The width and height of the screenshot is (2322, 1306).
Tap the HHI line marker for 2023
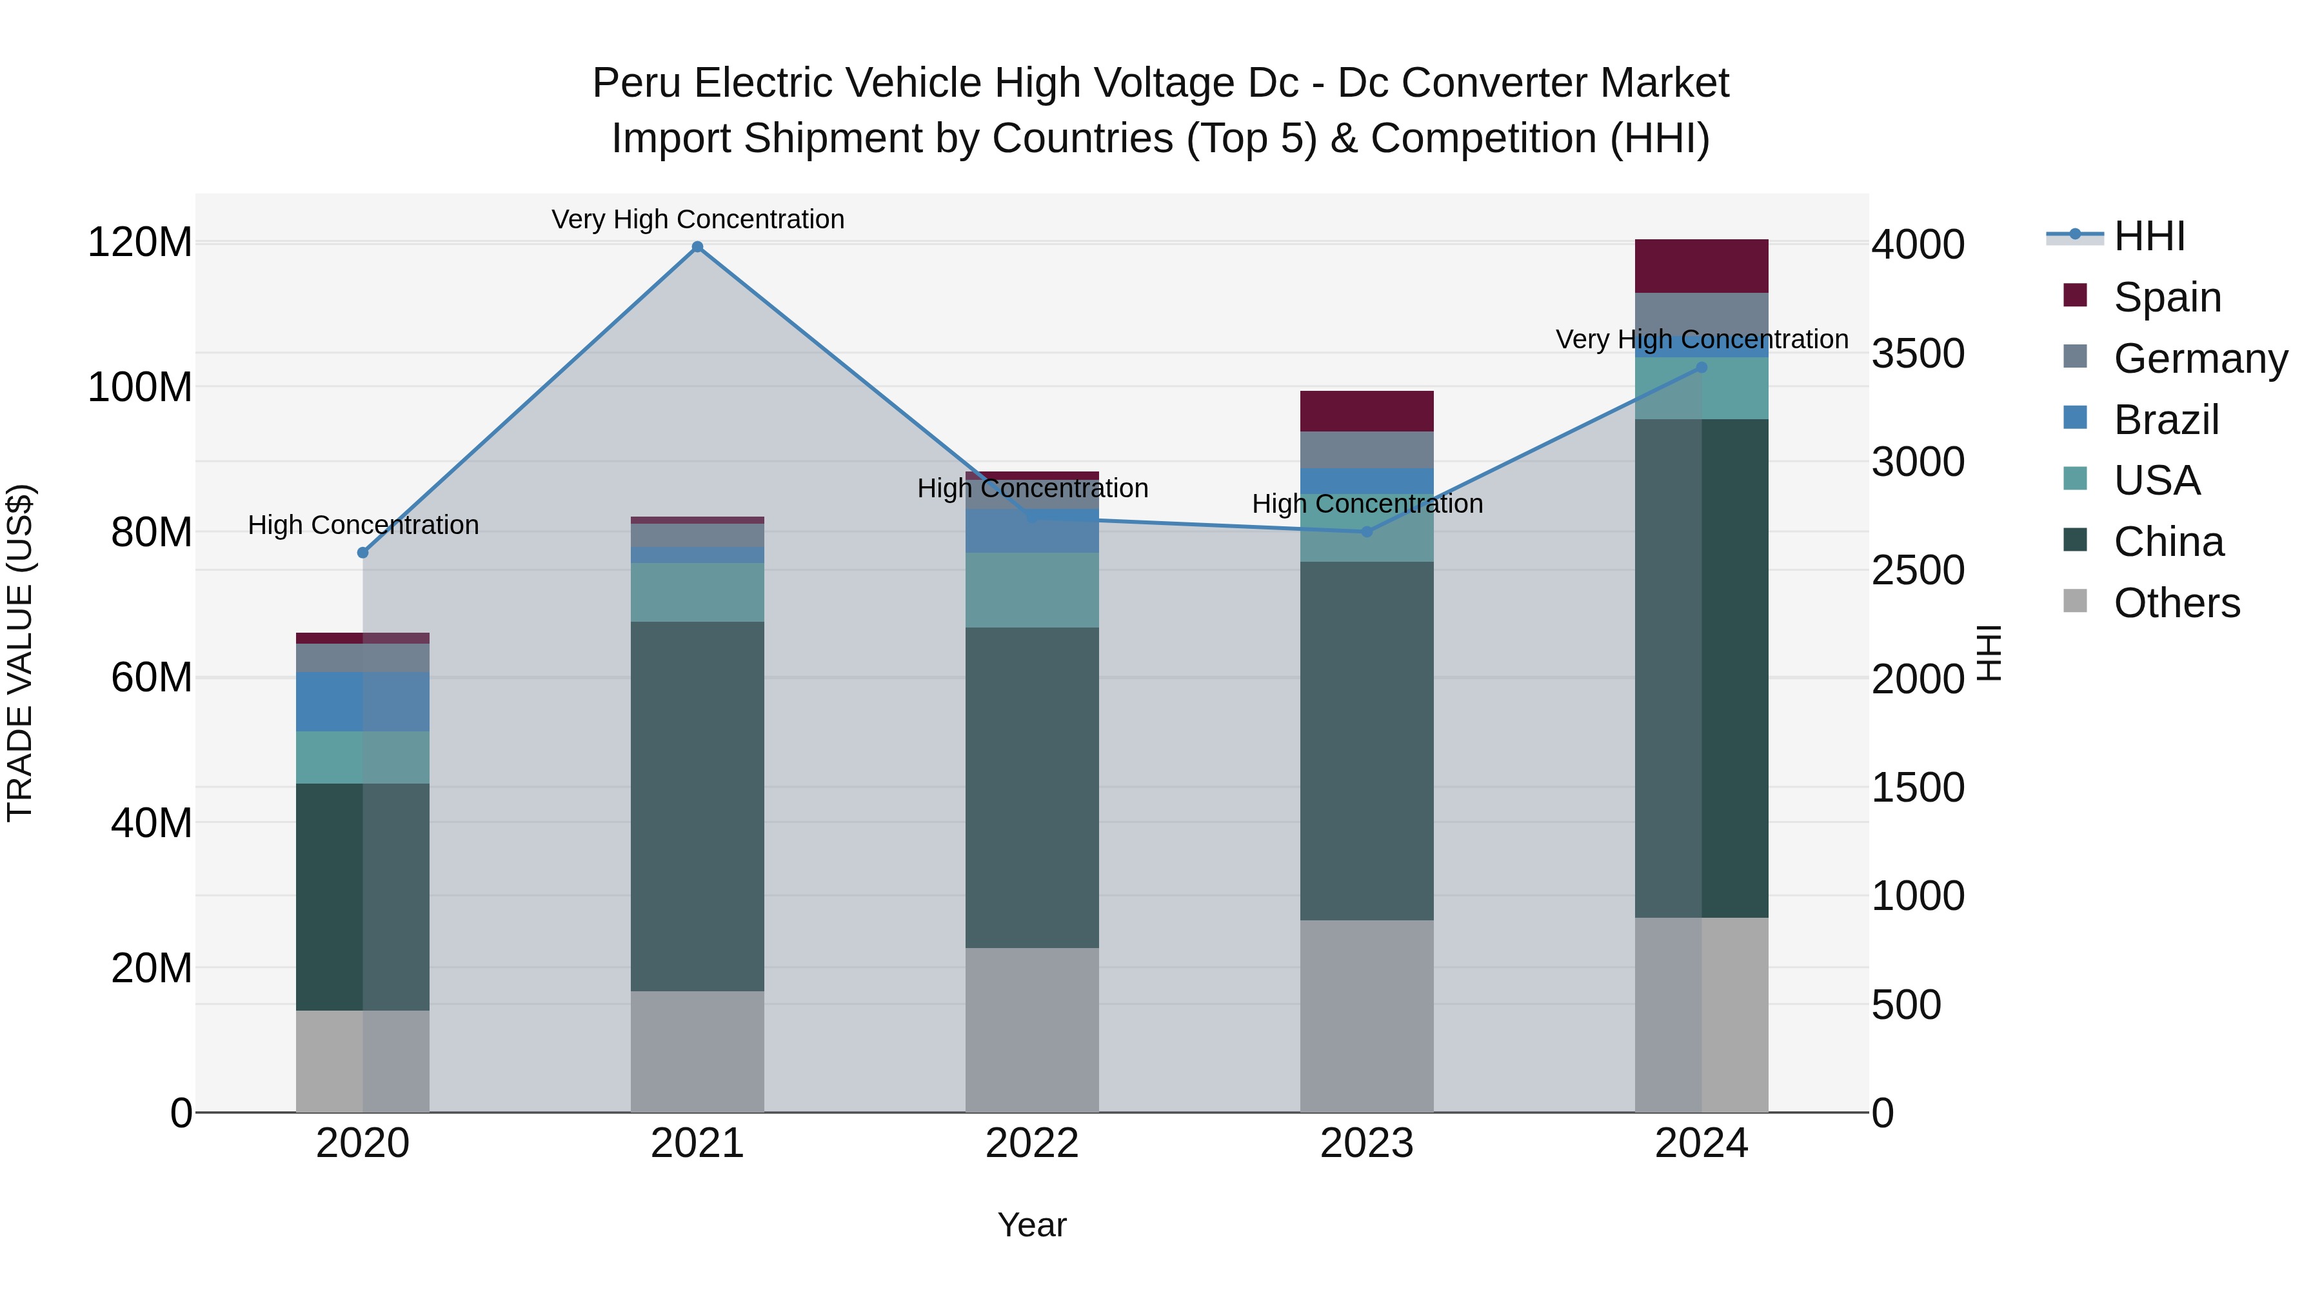(x=1367, y=532)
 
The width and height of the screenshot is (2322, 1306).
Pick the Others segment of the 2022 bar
(x=1032, y=1029)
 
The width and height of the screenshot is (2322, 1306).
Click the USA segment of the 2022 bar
(x=1032, y=589)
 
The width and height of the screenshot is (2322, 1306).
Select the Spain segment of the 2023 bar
(x=1367, y=411)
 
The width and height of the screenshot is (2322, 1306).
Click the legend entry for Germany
(x=2199, y=359)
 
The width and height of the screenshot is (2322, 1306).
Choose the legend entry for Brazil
(x=2165, y=420)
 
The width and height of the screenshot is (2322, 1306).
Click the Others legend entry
(x=2176, y=603)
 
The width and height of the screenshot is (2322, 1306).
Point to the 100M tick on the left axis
(x=140, y=388)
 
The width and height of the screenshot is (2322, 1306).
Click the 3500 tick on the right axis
(x=1918, y=353)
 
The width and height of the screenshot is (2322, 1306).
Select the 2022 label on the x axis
(x=1032, y=1143)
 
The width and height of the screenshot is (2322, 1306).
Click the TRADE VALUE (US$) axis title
(x=21, y=653)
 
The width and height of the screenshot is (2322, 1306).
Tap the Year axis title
(x=1032, y=1225)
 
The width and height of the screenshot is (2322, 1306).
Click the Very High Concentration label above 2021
(x=698, y=219)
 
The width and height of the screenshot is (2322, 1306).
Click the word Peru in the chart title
(x=637, y=83)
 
